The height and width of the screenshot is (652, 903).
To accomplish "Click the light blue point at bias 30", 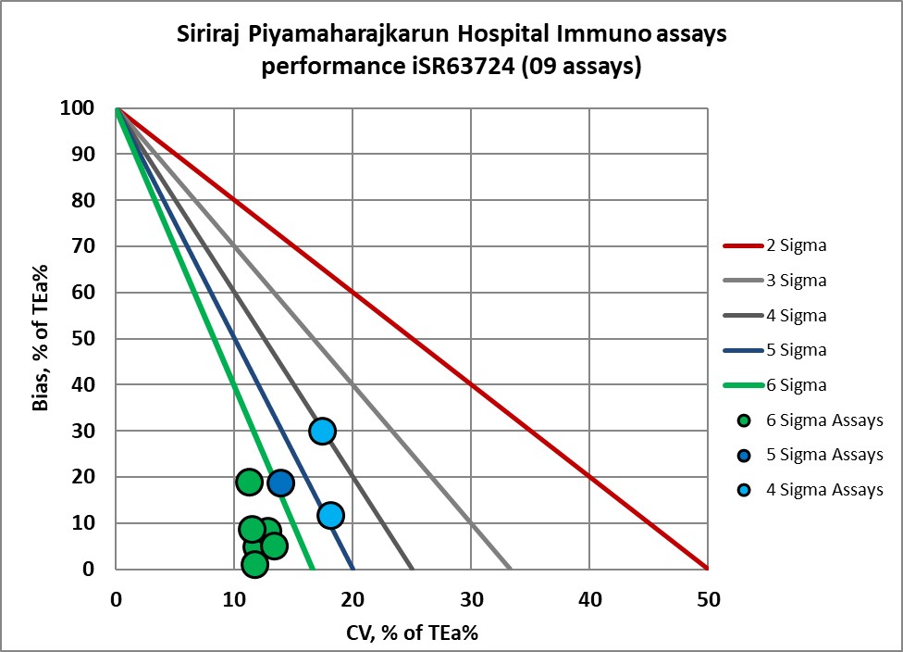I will pos(322,431).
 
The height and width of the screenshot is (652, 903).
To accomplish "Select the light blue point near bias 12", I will pos(330,515).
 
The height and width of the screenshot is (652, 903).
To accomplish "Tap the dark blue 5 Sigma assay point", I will pos(280,483).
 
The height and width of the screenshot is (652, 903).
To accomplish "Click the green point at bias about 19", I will pos(248,482).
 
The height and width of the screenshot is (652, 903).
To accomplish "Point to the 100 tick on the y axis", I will pos(80,108).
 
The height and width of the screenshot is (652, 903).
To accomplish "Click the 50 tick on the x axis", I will pos(708,600).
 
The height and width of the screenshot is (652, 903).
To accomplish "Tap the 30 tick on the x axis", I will pos(471,600).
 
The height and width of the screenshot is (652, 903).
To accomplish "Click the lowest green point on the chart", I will pos(255,564).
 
